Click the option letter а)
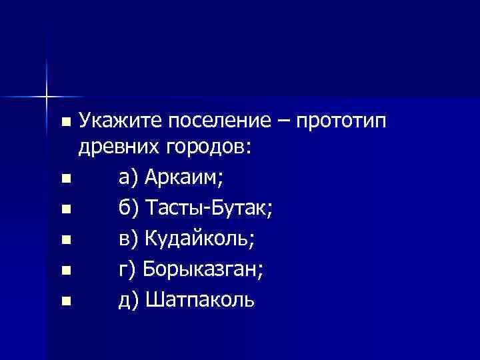128,178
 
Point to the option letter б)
129,209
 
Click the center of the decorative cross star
47,97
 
